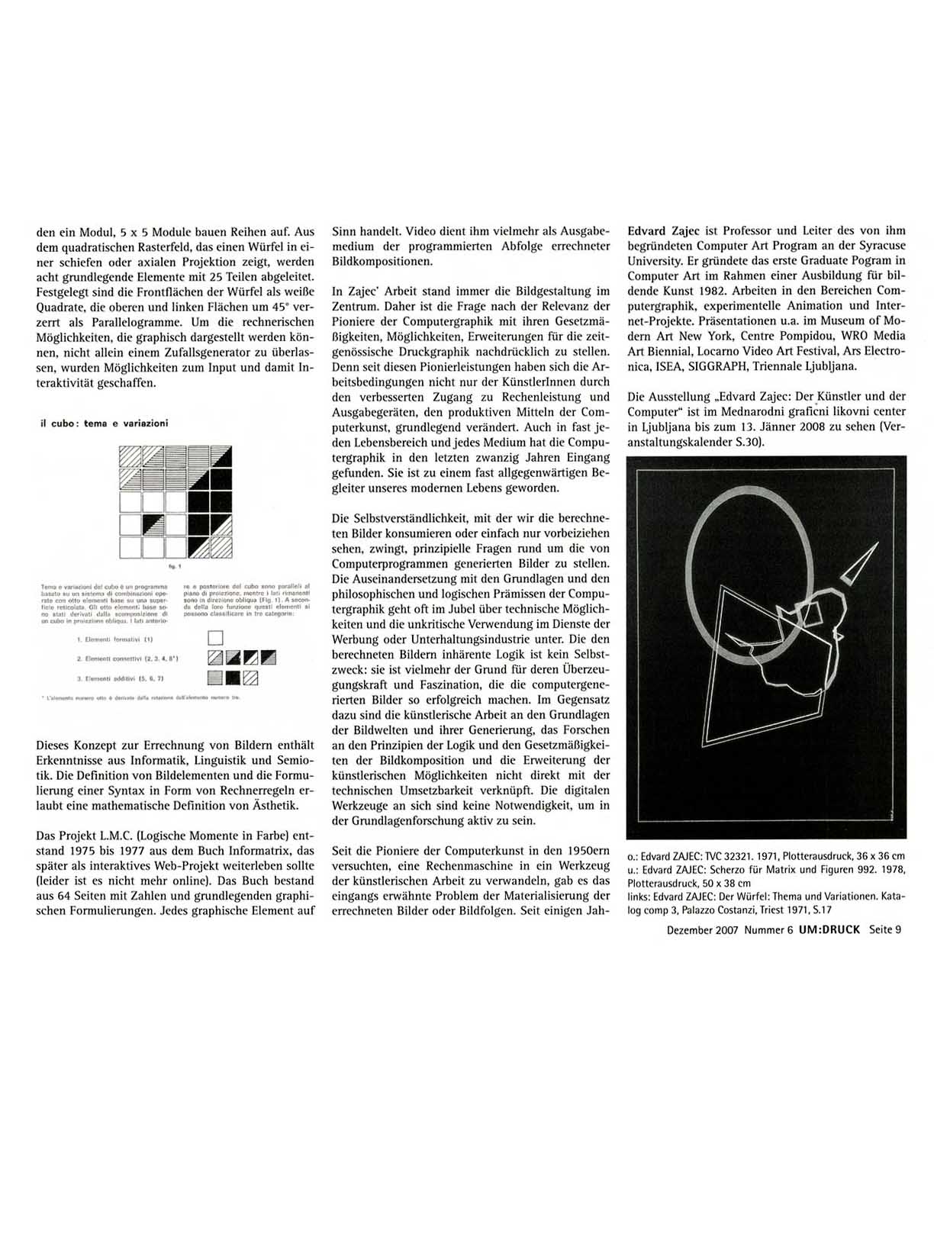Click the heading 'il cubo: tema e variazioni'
coord(104,423)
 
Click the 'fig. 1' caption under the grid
coord(176,568)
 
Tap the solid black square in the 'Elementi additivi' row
coord(233,678)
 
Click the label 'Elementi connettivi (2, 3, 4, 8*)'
coord(127,659)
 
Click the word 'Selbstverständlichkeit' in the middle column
coord(394,518)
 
